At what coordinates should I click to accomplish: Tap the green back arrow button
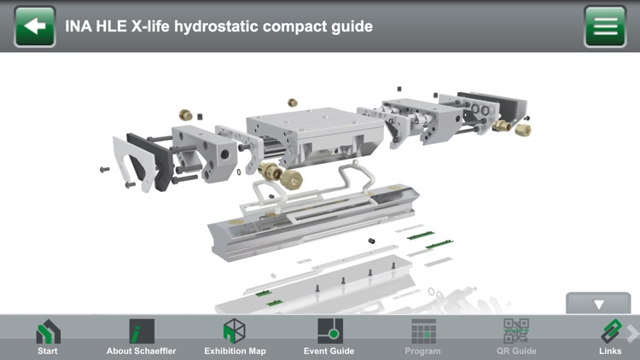[x=35, y=26]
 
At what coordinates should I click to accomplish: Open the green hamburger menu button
[x=605, y=26]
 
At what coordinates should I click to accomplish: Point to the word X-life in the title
[x=148, y=26]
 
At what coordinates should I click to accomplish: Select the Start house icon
[x=48, y=332]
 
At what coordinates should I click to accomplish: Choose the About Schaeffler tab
[x=142, y=332]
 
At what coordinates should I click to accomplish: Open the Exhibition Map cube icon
[x=235, y=332]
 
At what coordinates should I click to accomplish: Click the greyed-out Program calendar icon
[x=423, y=332]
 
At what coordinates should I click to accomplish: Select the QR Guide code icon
[x=516, y=332]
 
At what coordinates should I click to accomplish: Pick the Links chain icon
[x=611, y=332]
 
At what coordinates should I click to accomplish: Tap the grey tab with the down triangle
[x=598, y=304]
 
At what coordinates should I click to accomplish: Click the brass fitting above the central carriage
[x=292, y=102]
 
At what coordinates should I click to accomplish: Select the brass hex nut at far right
[x=523, y=129]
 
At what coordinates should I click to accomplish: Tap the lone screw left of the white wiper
[x=104, y=169]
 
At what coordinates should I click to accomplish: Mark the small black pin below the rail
[x=372, y=241]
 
